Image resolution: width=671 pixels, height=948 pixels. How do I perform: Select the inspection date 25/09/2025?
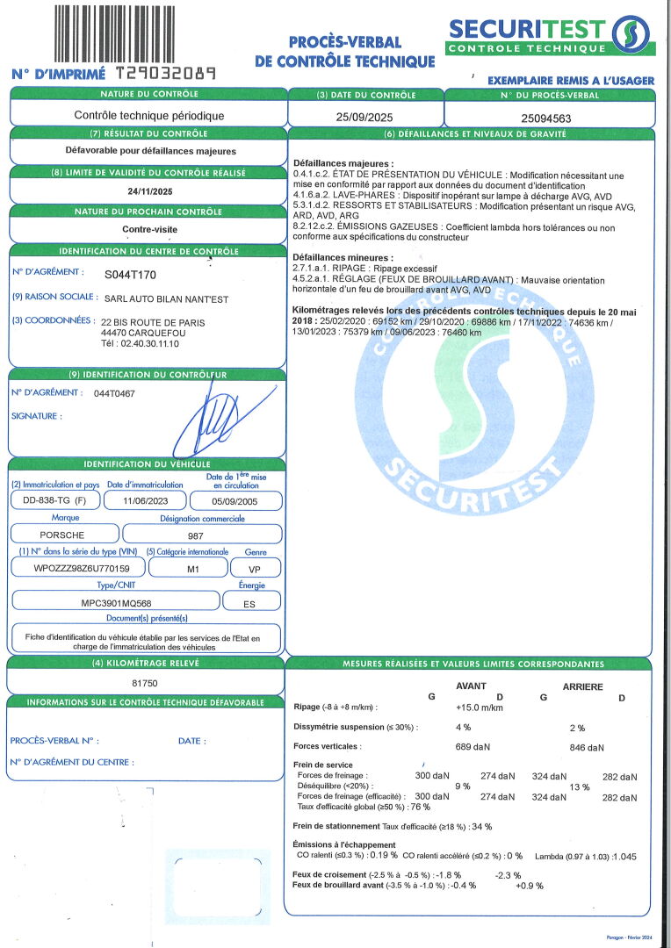[x=365, y=115]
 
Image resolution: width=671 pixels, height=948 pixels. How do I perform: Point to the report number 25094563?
[x=546, y=116]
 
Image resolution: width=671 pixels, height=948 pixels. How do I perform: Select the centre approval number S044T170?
[x=130, y=274]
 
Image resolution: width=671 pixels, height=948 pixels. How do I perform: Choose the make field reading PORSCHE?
[x=62, y=535]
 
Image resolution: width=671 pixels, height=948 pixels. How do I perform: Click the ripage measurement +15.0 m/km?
[x=480, y=707]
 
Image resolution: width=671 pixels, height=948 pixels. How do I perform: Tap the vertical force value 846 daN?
[x=587, y=748]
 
